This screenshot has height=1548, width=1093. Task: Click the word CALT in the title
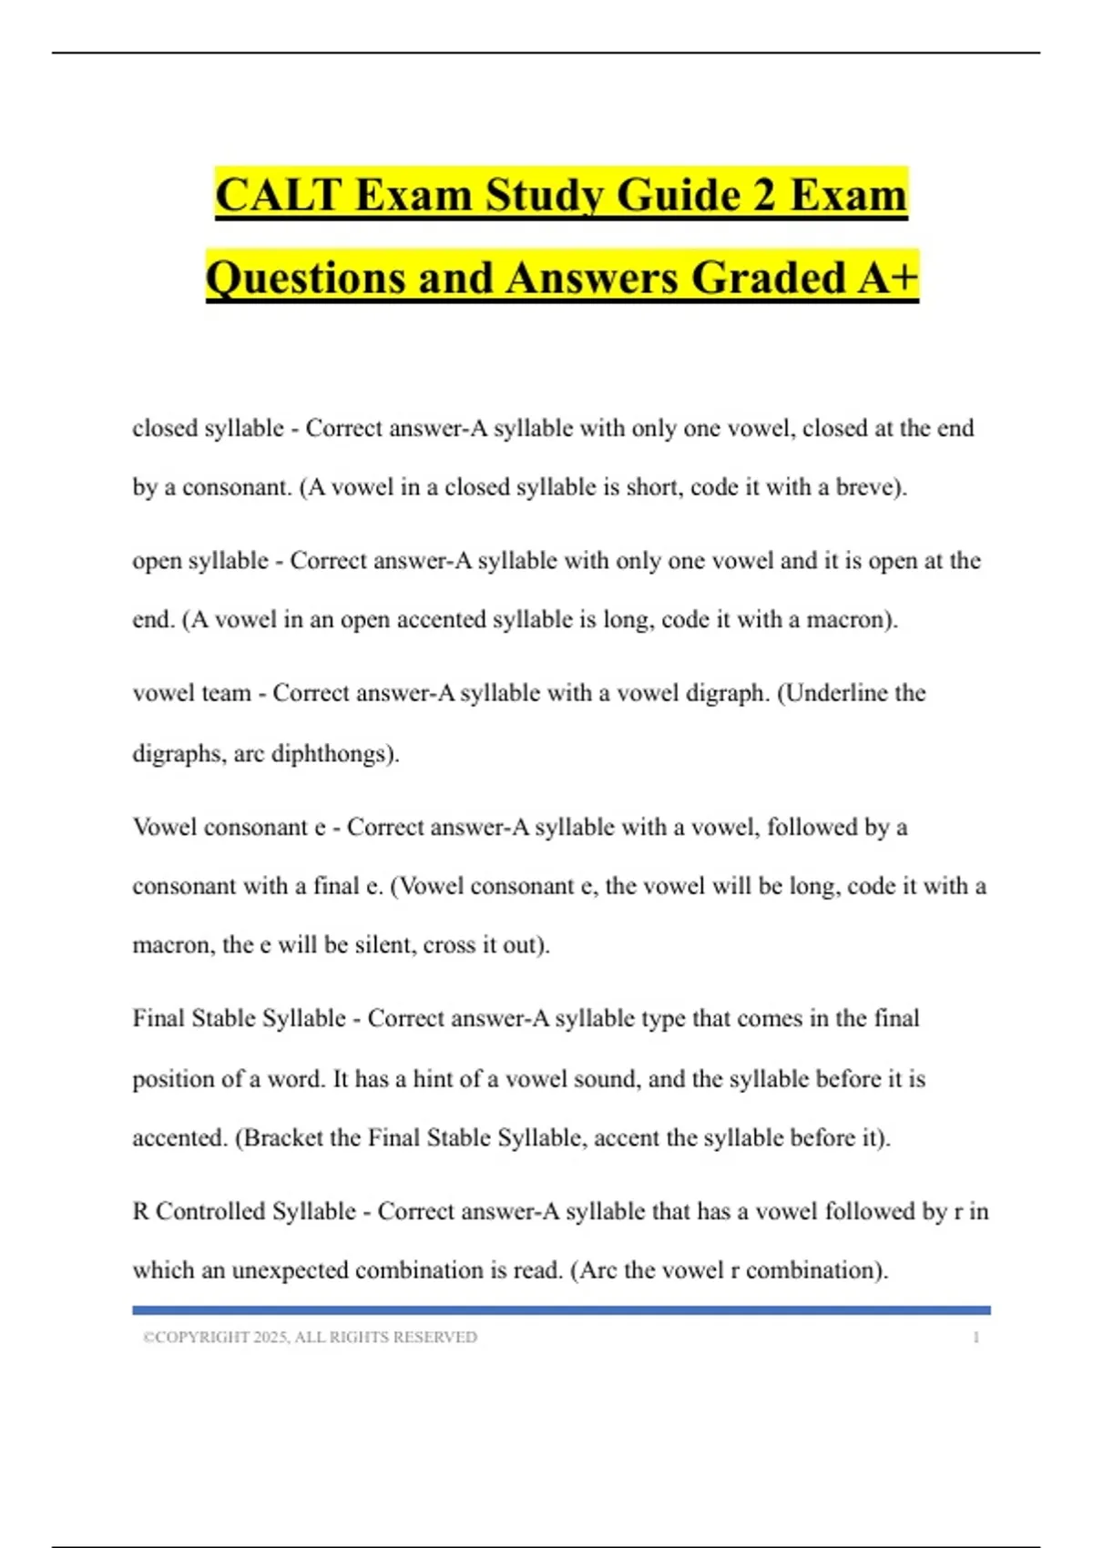[278, 195]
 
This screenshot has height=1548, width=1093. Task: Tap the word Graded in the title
[770, 278]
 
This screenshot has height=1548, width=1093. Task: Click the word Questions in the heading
[306, 278]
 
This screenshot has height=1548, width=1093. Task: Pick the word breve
[864, 487]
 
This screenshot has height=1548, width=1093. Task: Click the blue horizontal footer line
[561, 1310]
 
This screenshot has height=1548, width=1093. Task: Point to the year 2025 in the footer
[271, 1338]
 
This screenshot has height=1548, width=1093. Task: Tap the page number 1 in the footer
[976, 1338]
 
